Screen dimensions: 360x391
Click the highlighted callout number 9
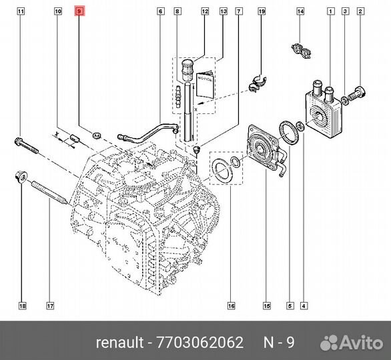79,12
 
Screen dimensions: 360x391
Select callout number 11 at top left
21,12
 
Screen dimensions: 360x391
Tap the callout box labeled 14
300,12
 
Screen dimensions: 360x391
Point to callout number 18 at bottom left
21,306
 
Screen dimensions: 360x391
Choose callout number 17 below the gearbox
50,306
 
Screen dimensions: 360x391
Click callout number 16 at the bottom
231,306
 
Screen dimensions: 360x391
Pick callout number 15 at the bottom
266,306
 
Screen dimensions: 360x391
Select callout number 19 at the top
262,12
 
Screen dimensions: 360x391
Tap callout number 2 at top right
360,12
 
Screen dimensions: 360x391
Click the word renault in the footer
119,343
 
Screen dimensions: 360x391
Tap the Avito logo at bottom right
352,343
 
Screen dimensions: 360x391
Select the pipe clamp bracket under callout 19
258,83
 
